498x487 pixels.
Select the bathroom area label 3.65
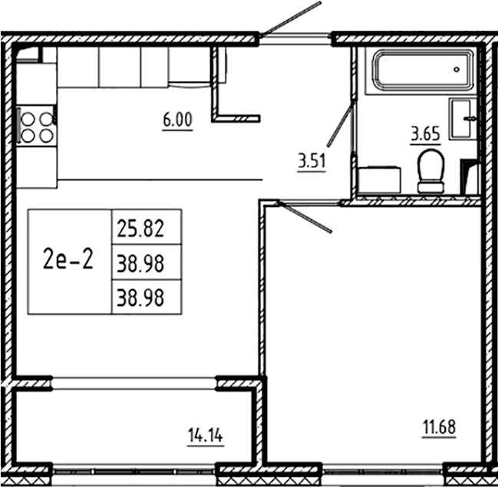tap(424, 135)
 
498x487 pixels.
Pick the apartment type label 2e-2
tap(69, 261)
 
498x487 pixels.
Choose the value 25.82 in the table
tap(147, 227)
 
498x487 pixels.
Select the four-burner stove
tap(36, 127)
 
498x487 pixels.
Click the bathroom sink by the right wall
tap(463, 119)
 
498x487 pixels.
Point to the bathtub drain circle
tap(457, 68)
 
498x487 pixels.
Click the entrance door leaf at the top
tap(290, 18)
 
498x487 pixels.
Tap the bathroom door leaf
tap(340, 126)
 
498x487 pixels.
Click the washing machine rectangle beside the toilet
tap(379, 181)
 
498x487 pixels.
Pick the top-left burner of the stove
tap(28, 118)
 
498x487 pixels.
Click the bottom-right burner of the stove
tap(45, 136)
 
